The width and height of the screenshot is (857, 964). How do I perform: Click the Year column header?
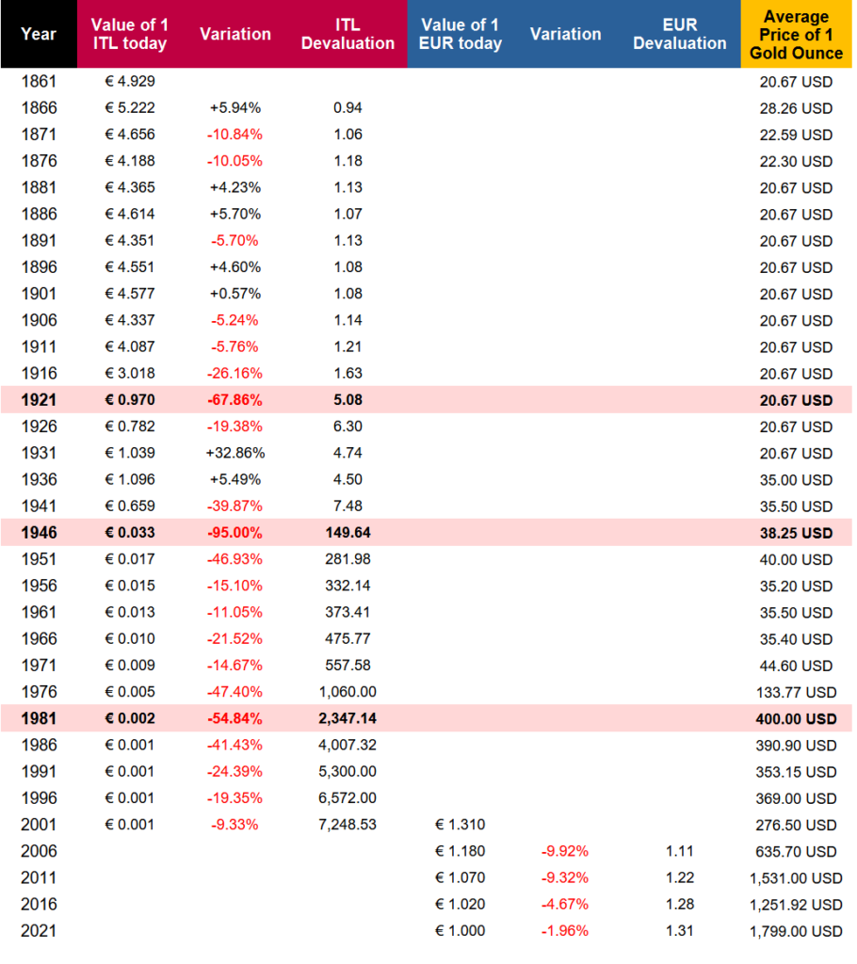[x=39, y=34]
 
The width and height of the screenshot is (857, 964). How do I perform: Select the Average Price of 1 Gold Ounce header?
[x=796, y=35]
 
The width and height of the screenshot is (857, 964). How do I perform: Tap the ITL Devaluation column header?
[x=348, y=34]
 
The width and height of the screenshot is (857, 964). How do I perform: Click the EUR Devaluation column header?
[x=680, y=34]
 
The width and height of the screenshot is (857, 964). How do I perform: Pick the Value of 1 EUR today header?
[x=461, y=34]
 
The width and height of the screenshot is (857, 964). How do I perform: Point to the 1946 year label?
[x=39, y=533]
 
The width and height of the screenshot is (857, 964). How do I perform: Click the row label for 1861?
[x=39, y=81]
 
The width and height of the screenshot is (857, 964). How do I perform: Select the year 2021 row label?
[x=39, y=931]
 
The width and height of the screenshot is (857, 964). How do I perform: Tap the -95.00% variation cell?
[x=235, y=533]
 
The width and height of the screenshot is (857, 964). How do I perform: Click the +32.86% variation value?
[x=235, y=453]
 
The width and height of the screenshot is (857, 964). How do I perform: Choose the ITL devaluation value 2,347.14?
[x=348, y=718]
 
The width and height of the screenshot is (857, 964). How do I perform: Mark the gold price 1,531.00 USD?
[x=796, y=878]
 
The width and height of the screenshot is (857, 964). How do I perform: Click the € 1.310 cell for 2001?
[x=461, y=825]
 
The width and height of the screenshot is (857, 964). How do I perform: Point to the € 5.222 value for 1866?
[x=130, y=107]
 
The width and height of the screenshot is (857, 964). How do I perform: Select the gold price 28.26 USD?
[x=796, y=108]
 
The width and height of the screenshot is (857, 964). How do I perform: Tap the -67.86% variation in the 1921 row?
[x=235, y=399]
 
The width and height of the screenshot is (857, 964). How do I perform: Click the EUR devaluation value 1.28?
[x=680, y=905]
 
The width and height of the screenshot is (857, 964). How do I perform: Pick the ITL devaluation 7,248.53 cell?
[x=348, y=825]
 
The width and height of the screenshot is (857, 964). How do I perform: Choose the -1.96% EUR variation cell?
[x=565, y=931]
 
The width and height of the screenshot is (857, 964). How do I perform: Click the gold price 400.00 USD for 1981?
[x=796, y=718]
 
